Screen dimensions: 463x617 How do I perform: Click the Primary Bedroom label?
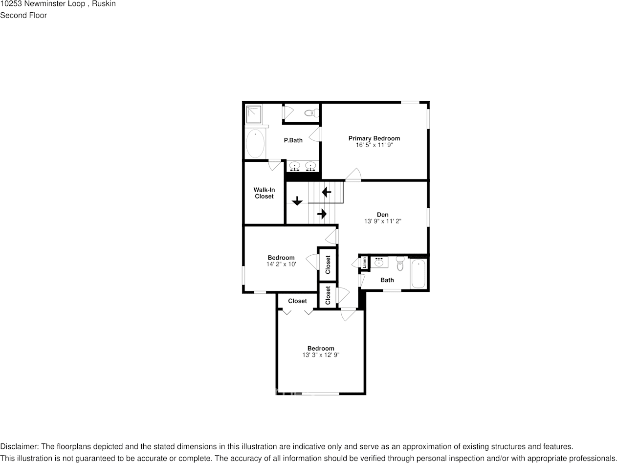pos(374,138)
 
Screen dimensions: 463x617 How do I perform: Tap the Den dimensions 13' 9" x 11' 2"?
pos(383,221)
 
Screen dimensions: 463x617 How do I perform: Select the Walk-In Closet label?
pos(264,193)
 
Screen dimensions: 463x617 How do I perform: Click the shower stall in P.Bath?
pos(254,114)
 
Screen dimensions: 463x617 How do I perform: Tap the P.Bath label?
pos(293,140)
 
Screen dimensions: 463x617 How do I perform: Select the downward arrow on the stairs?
pos(297,200)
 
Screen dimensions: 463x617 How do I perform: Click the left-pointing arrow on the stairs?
pos(327,192)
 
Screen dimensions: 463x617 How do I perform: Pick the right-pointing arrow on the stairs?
pos(322,214)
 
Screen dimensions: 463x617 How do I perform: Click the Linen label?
pos(364,262)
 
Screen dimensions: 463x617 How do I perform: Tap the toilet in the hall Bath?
pos(400,264)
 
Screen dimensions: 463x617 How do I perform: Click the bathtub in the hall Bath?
pos(419,274)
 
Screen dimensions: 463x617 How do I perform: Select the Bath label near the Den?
pos(387,280)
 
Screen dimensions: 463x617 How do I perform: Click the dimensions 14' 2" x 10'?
pos(281,264)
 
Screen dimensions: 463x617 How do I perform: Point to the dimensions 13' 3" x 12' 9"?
pos(321,355)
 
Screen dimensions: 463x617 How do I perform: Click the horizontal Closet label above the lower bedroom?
pos(297,301)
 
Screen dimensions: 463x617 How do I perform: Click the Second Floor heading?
pos(23,15)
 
